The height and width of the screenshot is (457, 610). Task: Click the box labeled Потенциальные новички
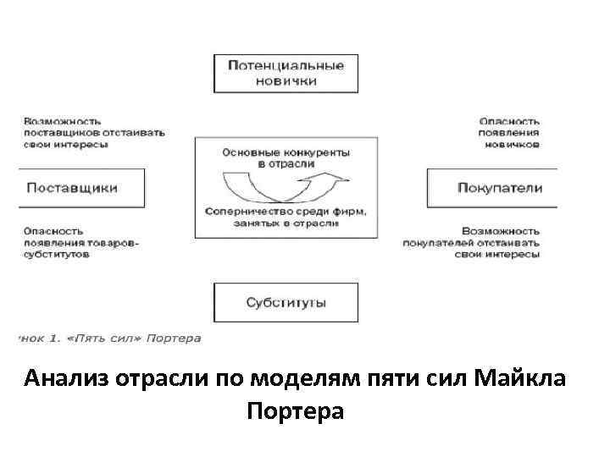(x=286, y=73)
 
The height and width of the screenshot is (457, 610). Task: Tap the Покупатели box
(x=492, y=188)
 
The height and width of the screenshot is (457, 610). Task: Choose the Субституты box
(x=286, y=302)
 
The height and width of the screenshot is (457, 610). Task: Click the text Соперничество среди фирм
(x=286, y=209)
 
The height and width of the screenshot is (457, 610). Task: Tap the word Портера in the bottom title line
(x=296, y=412)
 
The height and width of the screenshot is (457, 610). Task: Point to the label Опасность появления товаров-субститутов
(x=80, y=241)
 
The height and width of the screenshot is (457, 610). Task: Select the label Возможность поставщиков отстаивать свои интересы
(x=93, y=133)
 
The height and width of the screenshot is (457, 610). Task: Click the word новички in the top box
(x=286, y=81)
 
